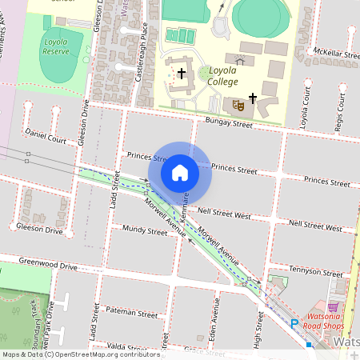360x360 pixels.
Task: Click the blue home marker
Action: coord(180,172)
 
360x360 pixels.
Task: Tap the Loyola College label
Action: coord(223,75)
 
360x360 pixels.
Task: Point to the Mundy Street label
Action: coord(145,229)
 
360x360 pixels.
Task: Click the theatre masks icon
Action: coord(237,104)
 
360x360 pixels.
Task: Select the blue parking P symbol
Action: coord(294,324)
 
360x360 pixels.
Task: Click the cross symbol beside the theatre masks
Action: coord(253,98)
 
